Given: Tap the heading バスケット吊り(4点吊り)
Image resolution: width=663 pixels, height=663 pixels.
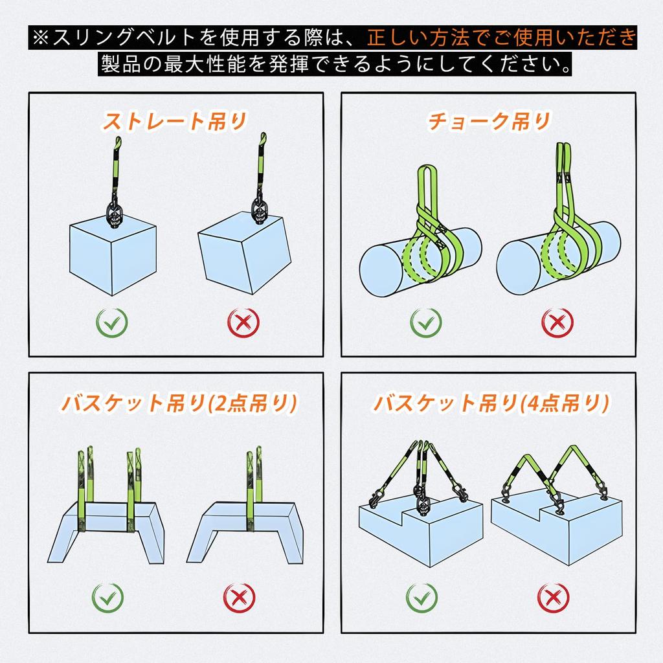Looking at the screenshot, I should (490, 403).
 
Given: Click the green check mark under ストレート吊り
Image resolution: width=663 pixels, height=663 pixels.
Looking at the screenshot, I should (111, 322).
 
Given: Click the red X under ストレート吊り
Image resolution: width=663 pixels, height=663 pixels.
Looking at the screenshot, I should (243, 322).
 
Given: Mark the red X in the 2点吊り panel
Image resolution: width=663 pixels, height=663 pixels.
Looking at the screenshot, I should (238, 597).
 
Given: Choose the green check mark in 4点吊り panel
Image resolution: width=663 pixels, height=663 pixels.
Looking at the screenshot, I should (421, 597).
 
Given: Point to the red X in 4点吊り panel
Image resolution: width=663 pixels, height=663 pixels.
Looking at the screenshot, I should (554, 597).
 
